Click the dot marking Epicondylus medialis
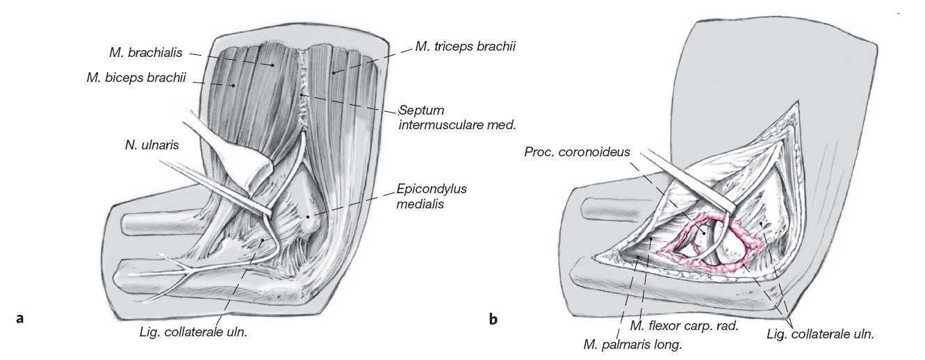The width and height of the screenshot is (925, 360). pos(308,217)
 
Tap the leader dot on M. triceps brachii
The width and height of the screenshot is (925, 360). pos(333,72)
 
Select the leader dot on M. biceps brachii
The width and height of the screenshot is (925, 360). pos(233,85)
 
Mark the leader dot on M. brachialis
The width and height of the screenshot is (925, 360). pos(273,65)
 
